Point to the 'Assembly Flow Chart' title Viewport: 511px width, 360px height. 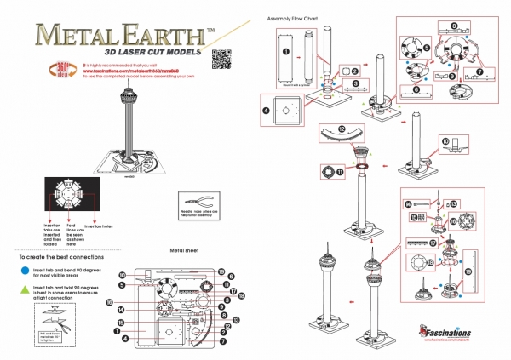tap(292, 18)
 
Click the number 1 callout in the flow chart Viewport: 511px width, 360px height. tap(287, 53)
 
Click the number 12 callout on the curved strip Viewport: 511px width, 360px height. tap(341, 129)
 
